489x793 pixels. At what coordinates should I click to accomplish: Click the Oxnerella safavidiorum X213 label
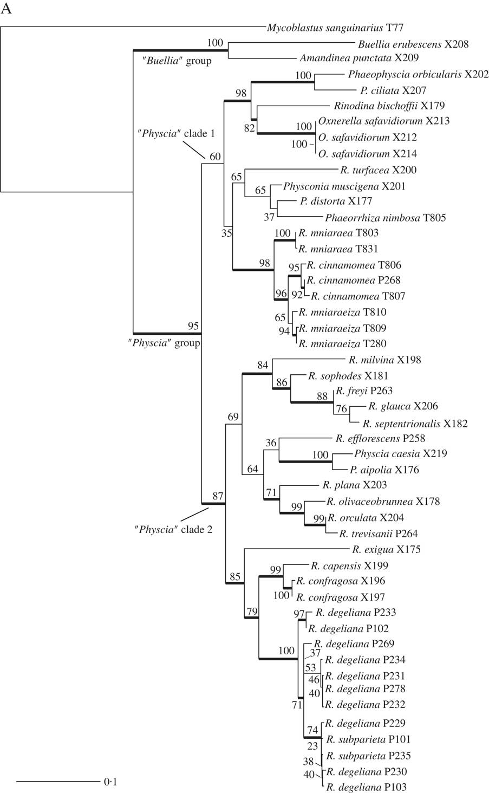click(384, 121)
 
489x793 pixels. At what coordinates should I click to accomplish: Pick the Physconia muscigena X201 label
click(344, 186)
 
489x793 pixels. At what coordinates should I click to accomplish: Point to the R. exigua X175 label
click(386, 550)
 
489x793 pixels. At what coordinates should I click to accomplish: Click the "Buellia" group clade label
click(177, 61)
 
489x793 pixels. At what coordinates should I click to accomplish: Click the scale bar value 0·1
click(110, 782)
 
